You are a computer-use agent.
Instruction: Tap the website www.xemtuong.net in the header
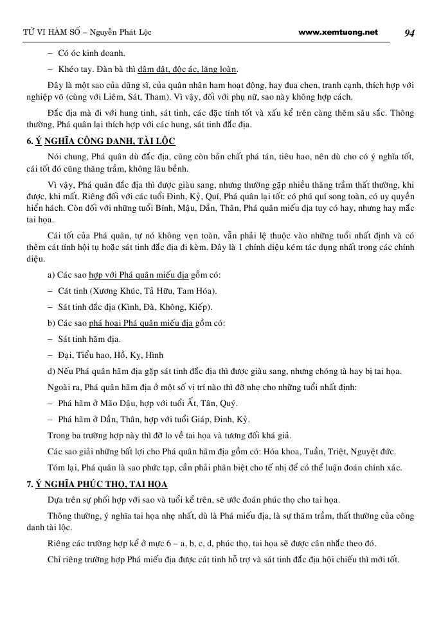coord(339,32)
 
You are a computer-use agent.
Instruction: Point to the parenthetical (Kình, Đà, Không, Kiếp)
coord(165,307)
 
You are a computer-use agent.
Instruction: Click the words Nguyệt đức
coord(373,451)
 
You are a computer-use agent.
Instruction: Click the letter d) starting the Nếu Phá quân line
coord(51,371)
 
